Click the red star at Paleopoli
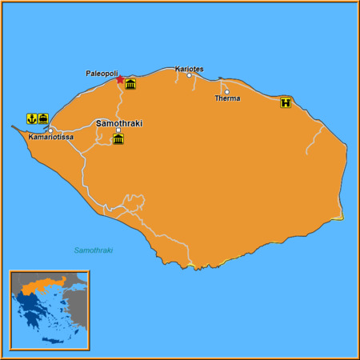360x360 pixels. tap(120, 79)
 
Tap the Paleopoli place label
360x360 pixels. tap(102, 73)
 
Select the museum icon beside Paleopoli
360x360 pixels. tap(130, 83)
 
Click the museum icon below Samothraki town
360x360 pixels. tap(118, 139)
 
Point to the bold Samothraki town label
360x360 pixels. tap(118, 123)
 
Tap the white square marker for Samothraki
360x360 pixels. tap(118, 130)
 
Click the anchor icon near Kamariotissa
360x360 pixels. tap(32, 118)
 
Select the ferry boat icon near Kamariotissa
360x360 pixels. tap(43, 118)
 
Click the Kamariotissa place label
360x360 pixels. tap(50, 138)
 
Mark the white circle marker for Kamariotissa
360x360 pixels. tap(50, 130)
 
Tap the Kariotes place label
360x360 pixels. tap(189, 69)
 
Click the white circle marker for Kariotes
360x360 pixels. tap(190, 76)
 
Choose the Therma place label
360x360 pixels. tap(227, 98)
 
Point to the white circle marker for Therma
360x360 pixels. tap(226, 91)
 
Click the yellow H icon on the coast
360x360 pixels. tap(286, 102)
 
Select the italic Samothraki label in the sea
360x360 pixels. tap(94, 250)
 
